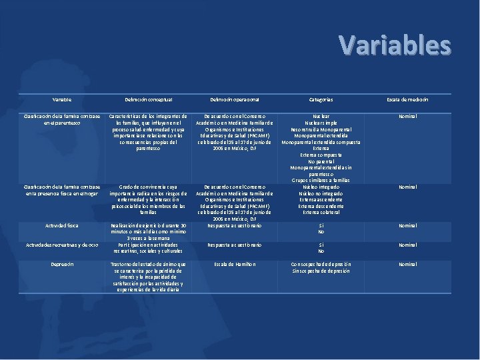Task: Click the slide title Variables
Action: point(395,45)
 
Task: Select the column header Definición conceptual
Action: point(148,99)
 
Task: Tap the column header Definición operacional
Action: point(234,99)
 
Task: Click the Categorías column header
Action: point(321,99)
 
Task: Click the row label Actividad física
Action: point(61,226)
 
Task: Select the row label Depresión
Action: point(61,265)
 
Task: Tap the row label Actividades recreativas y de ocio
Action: point(61,245)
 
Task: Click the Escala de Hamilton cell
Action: point(234,265)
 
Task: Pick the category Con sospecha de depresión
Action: point(321,265)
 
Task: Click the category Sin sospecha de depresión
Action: point(321,271)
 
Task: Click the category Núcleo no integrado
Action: point(321,193)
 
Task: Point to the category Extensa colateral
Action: point(321,213)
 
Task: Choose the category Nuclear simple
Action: point(321,123)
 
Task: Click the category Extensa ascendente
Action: point(321,200)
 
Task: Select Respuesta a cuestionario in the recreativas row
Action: point(234,245)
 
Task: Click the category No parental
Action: point(321,161)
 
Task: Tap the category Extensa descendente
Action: point(321,207)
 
